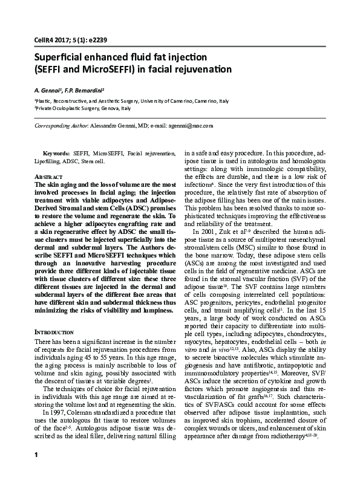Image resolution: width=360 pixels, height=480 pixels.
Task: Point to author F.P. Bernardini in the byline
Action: pos(90,88)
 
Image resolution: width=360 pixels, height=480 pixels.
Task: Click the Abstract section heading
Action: pos(48,175)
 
